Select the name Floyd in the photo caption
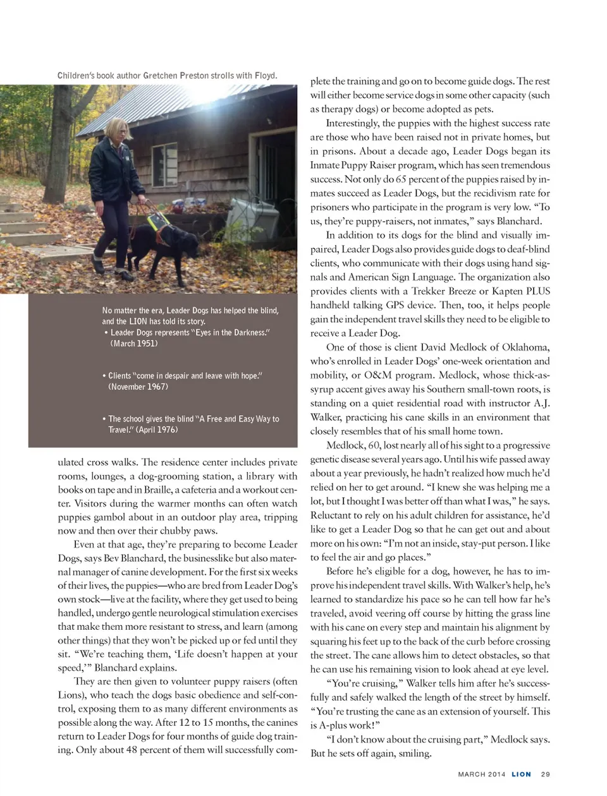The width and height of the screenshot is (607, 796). pyautogui.click(x=265, y=76)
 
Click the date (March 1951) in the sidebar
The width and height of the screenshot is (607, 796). pyautogui.click(x=134, y=344)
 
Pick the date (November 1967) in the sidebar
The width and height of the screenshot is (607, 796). pyautogui.click(x=138, y=387)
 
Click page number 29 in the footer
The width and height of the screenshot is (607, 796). pyautogui.click(x=546, y=775)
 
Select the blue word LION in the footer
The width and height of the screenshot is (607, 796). pyautogui.click(x=521, y=775)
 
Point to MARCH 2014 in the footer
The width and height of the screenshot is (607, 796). pyautogui.click(x=482, y=775)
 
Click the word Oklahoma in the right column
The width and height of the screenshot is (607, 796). pyautogui.click(x=525, y=347)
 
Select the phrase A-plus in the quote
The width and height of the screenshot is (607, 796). pyautogui.click(x=331, y=725)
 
